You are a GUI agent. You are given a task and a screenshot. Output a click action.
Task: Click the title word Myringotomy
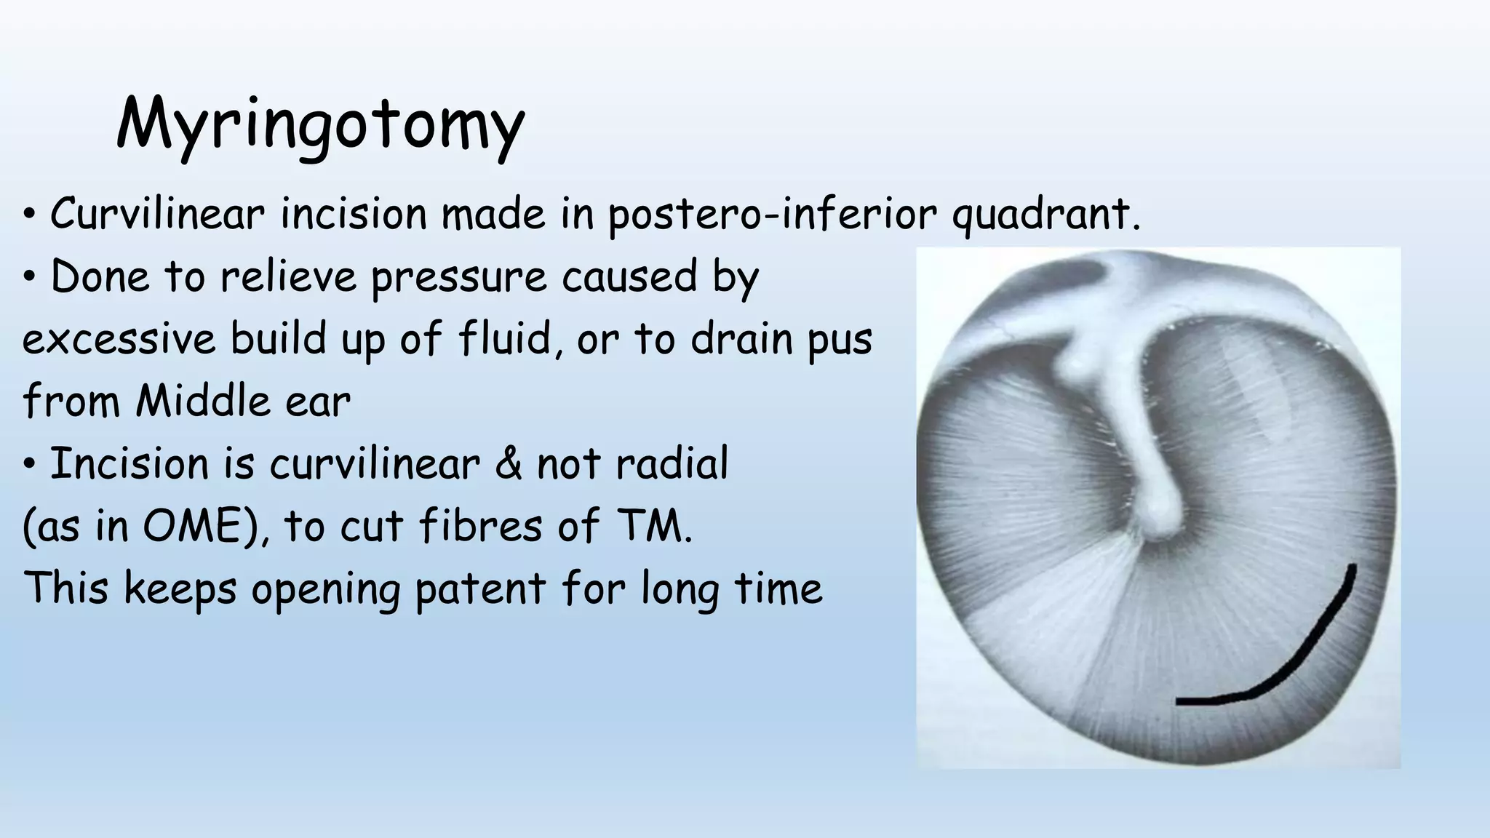[320, 125]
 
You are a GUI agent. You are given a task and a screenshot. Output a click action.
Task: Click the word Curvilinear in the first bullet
[156, 215]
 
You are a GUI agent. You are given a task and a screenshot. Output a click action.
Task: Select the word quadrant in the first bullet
[1044, 216]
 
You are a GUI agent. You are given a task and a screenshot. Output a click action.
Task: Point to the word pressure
[458, 278]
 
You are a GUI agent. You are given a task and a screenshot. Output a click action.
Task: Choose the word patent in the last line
[479, 589]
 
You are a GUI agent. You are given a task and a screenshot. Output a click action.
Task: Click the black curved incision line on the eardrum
[1310, 647]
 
